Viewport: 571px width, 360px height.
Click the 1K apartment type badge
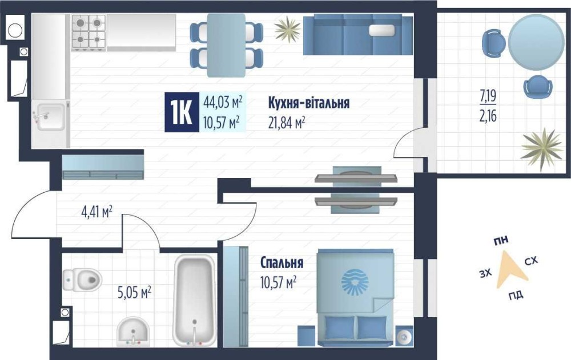[x=182, y=112]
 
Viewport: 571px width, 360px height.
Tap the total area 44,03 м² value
[x=223, y=102]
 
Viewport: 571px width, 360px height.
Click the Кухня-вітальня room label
[x=309, y=103]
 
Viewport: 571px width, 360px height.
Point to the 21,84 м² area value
[x=287, y=123]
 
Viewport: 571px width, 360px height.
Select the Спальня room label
[x=282, y=262]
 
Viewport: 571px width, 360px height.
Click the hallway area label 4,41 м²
[x=96, y=212]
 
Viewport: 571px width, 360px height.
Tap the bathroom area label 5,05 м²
[x=134, y=292]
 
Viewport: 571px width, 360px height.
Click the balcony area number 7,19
[x=488, y=96]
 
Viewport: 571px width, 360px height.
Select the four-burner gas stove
[x=89, y=32]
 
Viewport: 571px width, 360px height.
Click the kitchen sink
[x=51, y=116]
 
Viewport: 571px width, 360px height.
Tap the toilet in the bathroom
[x=82, y=279]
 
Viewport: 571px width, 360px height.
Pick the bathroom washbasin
[x=133, y=331]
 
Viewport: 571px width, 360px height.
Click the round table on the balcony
[x=536, y=42]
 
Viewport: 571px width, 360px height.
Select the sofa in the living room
[x=358, y=35]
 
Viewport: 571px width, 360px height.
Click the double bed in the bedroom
[x=355, y=297]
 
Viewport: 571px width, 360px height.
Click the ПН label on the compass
[x=501, y=240]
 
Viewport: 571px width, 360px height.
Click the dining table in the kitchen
[x=226, y=45]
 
